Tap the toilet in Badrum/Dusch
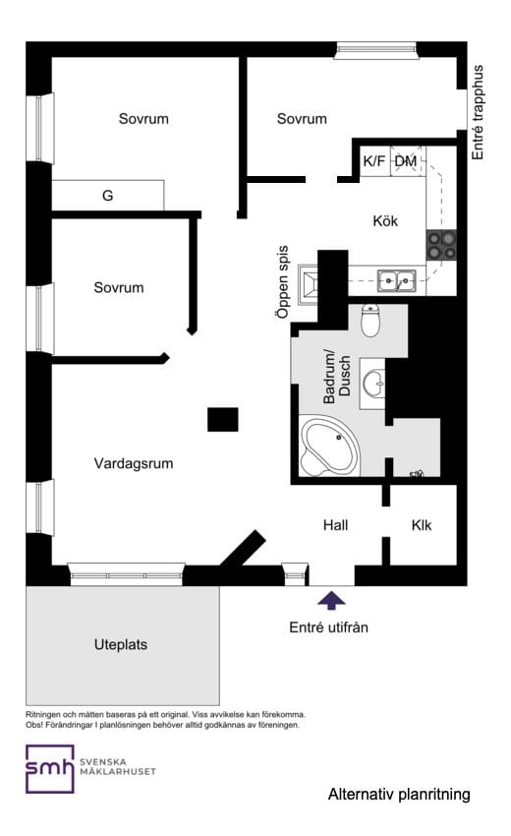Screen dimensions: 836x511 [370, 320]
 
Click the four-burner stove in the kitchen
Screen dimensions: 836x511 [440, 244]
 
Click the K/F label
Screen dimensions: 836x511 [374, 161]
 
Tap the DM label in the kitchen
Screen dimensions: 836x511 [406, 161]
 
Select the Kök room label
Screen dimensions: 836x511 [384, 221]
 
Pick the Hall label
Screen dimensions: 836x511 [335, 525]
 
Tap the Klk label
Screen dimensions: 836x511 [422, 525]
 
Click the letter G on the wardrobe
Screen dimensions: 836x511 [107, 196]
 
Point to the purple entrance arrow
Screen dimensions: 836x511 [331, 599]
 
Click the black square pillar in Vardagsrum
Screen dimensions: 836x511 [222, 419]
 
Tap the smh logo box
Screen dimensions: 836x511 [50, 768]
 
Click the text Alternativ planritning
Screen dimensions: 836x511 [399, 794]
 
